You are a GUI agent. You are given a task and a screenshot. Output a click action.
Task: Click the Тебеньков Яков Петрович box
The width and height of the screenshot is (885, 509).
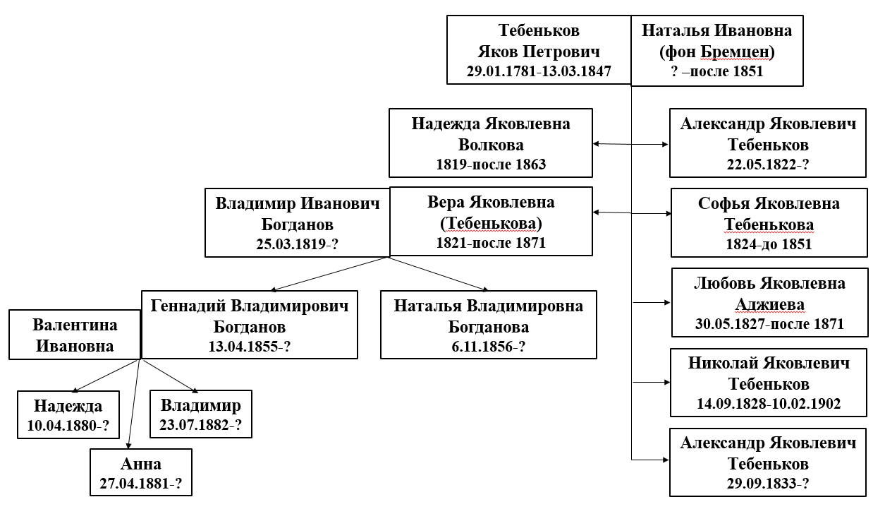[539, 51]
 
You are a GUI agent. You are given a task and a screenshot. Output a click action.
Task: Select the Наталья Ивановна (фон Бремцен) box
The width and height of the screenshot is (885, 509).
[716, 51]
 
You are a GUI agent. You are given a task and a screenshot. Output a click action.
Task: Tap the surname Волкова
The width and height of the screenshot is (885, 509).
[491, 145]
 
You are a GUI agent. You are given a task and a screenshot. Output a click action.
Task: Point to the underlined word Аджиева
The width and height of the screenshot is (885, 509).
[769, 305]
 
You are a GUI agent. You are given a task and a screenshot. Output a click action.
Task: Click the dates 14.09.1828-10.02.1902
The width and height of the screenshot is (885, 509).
[768, 405]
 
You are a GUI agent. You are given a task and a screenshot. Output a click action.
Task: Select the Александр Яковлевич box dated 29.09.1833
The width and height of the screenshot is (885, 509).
[768, 463]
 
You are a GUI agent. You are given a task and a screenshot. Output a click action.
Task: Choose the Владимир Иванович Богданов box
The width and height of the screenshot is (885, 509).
[297, 223]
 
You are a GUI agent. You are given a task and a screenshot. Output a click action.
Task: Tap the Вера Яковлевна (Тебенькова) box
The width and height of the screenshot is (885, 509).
[491, 222]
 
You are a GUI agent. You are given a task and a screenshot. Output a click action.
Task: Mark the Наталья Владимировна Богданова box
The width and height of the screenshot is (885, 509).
[488, 325]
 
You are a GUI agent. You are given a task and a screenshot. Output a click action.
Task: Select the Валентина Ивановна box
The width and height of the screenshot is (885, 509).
[75, 335]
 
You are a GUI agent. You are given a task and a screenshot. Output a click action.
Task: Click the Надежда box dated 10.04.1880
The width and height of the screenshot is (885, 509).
[68, 415]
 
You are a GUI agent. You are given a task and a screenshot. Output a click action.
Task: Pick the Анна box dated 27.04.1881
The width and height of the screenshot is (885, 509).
[141, 473]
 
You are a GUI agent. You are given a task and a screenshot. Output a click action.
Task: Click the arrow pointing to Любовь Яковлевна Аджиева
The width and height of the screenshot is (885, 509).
[652, 302]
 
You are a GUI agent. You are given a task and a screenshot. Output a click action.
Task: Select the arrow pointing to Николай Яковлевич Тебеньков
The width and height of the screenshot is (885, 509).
[652, 383]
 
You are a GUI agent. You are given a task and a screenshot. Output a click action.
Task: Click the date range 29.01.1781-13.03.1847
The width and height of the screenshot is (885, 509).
[539, 71]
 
